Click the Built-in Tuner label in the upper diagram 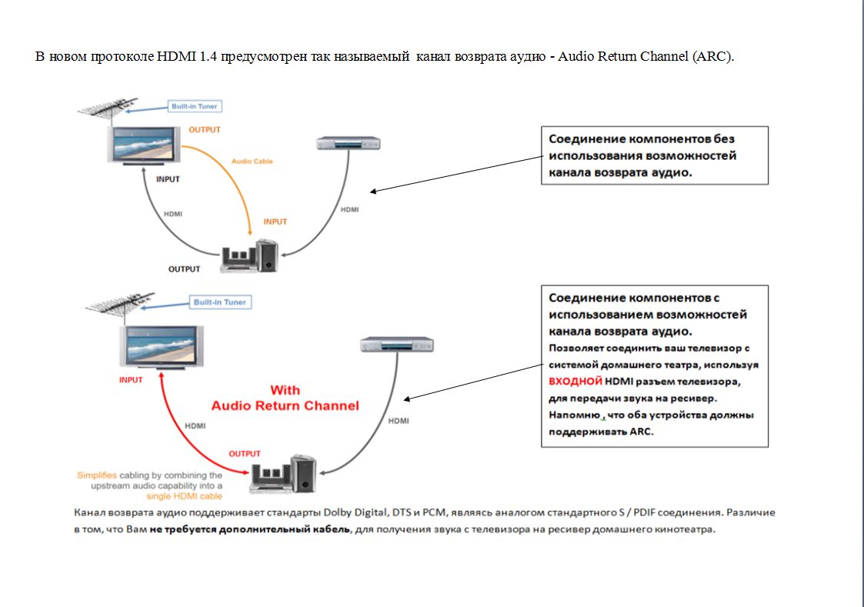point(194,106)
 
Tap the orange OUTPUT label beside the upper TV point(205,130)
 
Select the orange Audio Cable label point(252,162)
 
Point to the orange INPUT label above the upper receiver point(275,222)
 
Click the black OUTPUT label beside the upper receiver point(184,269)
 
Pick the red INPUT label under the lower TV point(131,380)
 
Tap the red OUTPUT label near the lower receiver point(245,454)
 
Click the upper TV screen point(144,145)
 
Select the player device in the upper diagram point(349,143)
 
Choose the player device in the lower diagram point(397,345)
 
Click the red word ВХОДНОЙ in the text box point(574,381)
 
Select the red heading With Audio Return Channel point(285,398)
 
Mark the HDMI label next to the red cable point(195,425)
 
